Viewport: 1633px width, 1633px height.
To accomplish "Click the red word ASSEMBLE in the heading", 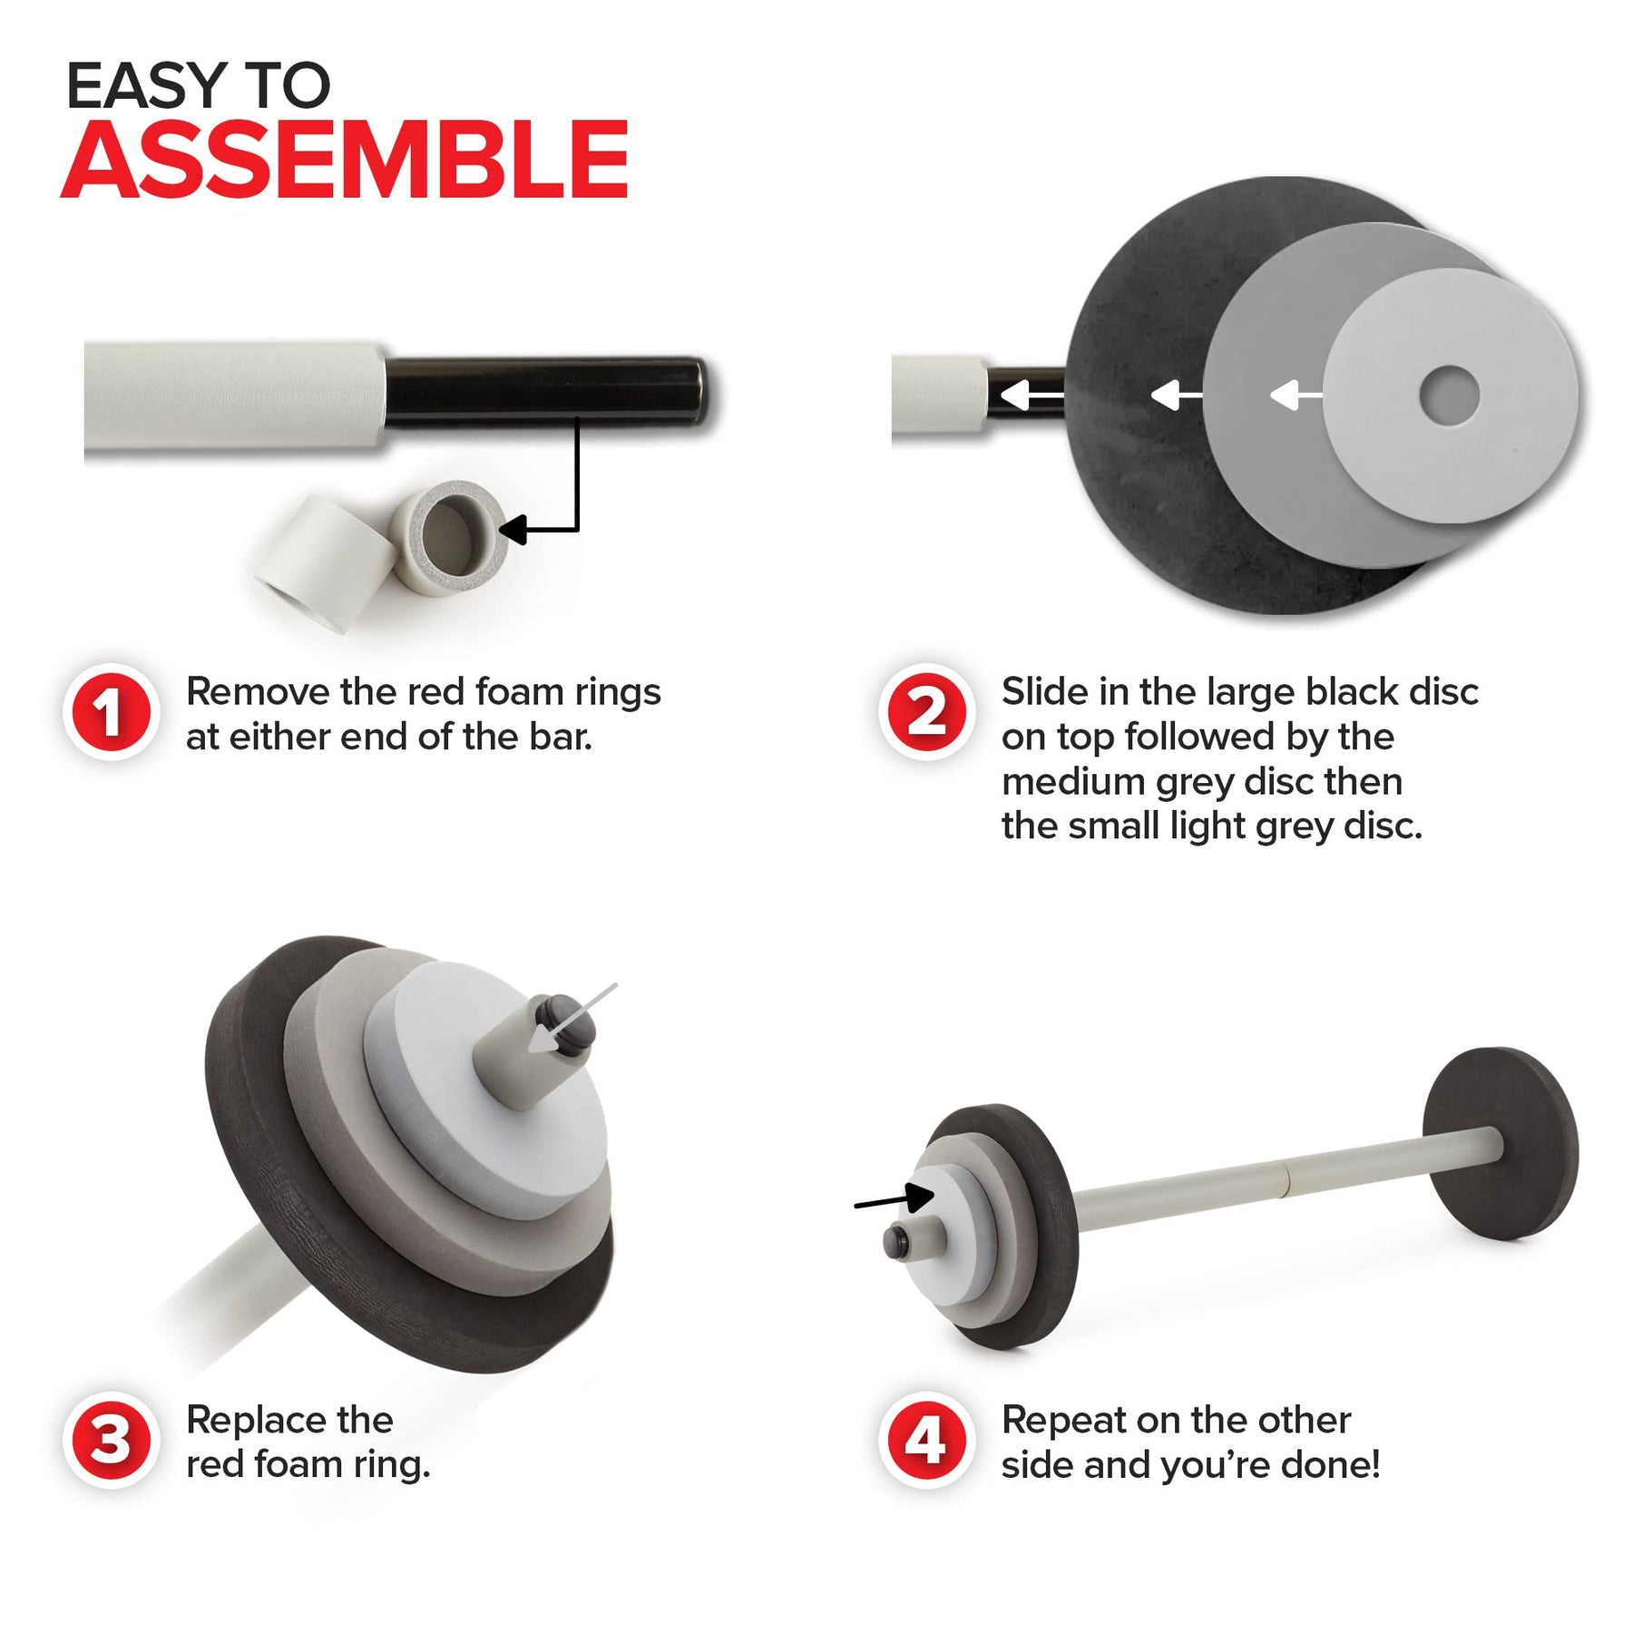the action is pyautogui.click(x=345, y=160).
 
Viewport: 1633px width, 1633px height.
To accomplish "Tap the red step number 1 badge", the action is pyautogui.click(x=111, y=712).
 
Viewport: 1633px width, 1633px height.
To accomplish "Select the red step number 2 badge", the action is pyautogui.click(x=926, y=712).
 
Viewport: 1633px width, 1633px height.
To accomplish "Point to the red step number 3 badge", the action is pyautogui.click(x=111, y=1440).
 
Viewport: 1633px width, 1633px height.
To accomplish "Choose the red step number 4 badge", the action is pyautogui.click(x=926, y=1440).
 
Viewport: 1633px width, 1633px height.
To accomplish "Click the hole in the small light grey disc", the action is pyautogui.click(x=1449, y=396).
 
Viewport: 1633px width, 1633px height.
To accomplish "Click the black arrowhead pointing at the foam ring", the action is pyautogui.click(x=513, y=530).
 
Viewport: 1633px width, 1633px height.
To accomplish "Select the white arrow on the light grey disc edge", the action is pyautogui.click(x=1296, y=396).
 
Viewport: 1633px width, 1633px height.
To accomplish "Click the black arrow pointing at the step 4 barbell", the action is pyautogui.click(x=895, y=1199).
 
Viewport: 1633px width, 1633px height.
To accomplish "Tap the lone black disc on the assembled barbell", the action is pyautogui.click(x=1500, y=1144).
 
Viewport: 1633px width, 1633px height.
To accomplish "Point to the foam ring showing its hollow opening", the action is pyautogui.click(x=447, y=536).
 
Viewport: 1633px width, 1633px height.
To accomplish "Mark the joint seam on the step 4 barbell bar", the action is pyautogui.click(x=1285, y=1177).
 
